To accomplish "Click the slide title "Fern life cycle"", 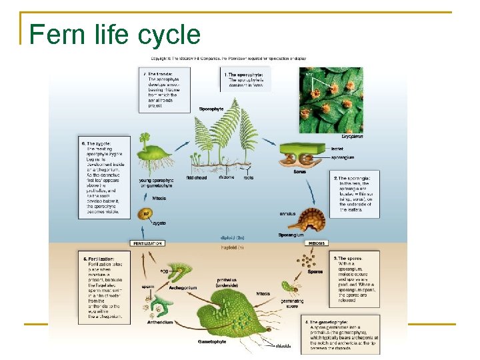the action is [115, 35].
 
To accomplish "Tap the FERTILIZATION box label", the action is [148, 244].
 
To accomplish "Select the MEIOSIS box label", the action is [315, 244].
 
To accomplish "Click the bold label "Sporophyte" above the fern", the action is [211, 109].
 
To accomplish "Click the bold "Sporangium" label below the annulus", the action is [291, 235].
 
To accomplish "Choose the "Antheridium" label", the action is [160, 323].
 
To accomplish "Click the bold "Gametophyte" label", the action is [213, 341].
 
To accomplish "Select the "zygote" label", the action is [159, 223].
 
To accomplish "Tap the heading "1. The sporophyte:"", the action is [244, 75].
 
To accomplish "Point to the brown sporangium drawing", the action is [310, 219].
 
